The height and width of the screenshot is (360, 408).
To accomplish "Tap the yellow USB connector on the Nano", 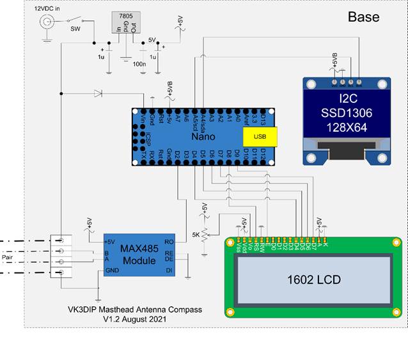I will [258, 136].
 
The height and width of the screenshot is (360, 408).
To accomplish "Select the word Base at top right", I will [363, 17].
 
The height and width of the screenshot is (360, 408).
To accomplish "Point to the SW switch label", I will [75, 29].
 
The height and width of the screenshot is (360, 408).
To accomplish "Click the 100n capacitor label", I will [138, 65].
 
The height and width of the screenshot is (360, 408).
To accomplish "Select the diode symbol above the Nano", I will [97, 94].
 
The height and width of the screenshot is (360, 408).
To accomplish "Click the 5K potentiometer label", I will [196, 235].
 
